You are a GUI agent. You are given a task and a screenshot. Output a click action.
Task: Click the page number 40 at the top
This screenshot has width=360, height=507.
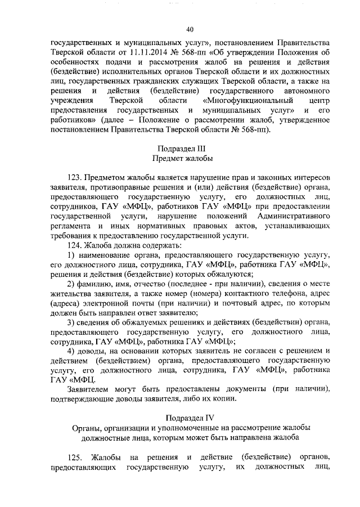click(x=190, y=30)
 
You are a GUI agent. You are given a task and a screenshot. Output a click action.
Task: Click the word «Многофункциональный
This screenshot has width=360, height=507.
click(x=235, y=100)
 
